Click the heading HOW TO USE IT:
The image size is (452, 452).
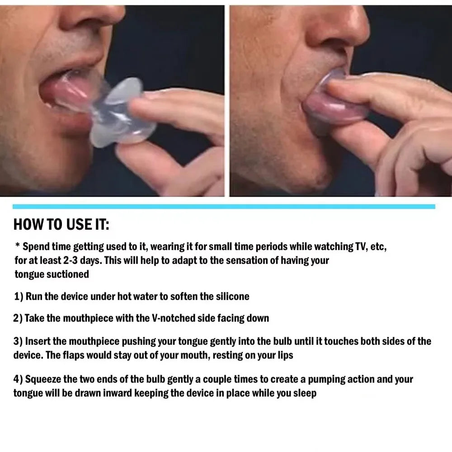tap(61, 224)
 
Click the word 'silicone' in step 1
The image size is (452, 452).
tap(232, 297)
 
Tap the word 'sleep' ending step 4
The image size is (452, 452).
tap(304, 393)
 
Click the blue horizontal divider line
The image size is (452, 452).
tap(224, 207)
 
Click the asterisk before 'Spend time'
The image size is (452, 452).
tap(17, 246)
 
